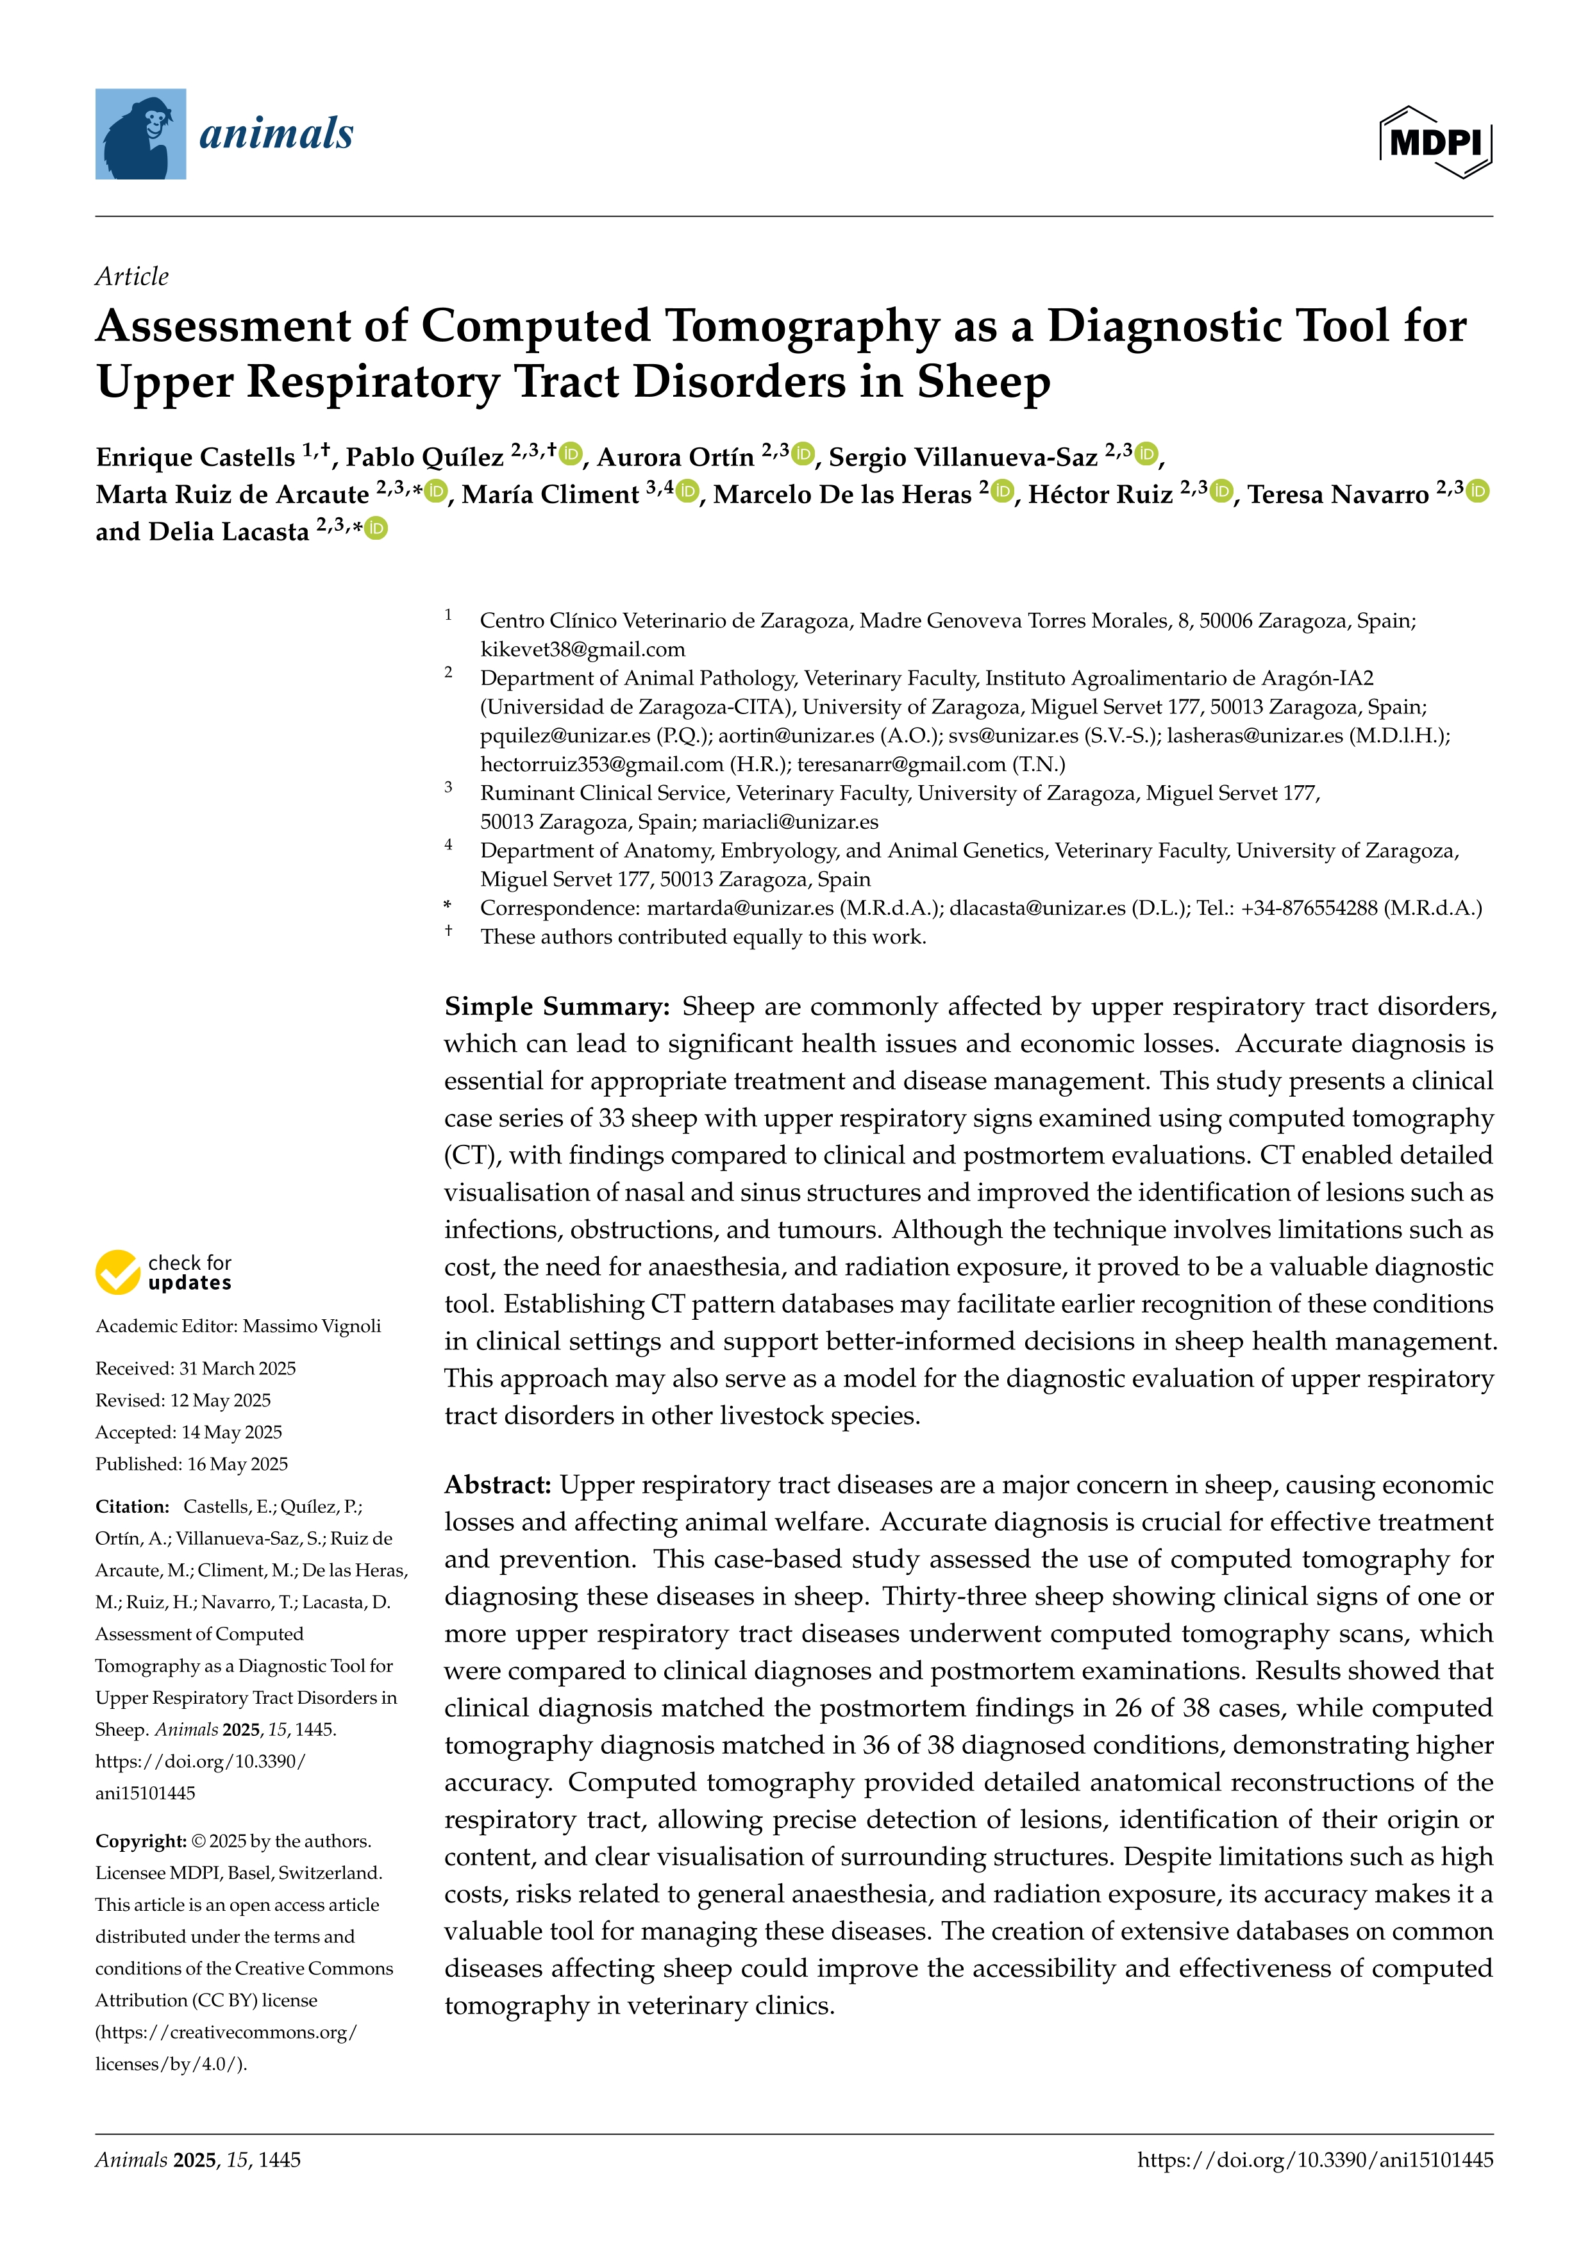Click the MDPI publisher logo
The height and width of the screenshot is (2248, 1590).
pos(1435,142)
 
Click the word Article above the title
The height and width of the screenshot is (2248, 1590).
pos(132,276)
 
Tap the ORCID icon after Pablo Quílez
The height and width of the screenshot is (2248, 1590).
pos(571,454)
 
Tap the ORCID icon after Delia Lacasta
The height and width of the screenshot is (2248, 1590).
pos(376,529)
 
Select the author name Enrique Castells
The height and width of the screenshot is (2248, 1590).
pos(195,457)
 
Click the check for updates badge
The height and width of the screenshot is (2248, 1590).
pos(163,1272)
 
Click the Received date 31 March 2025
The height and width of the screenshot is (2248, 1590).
pos(237,1368)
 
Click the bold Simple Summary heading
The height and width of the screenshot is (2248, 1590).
pos(556,1006)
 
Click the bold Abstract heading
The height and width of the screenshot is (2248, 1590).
pos(498,1485)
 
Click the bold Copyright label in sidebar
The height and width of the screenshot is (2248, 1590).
pos(140,1841)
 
